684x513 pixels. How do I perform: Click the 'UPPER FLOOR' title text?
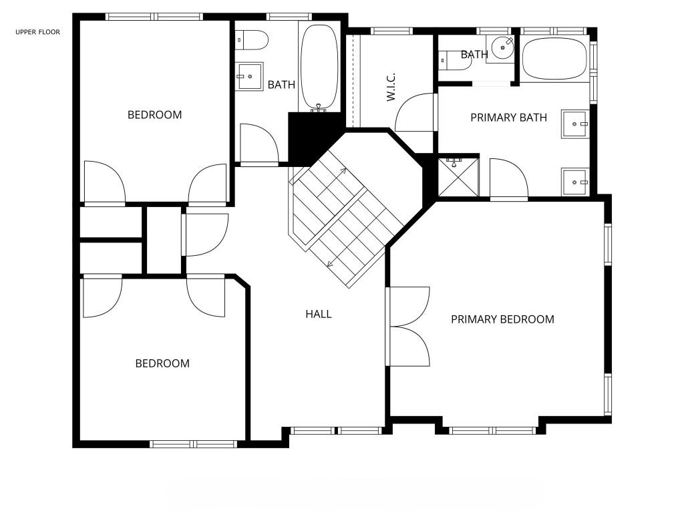tap(37, 32)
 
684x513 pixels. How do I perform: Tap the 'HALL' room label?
tap(319, 314)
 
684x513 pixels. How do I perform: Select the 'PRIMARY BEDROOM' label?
tap(502, 319)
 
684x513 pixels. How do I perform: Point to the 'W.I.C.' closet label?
tap(391, 87)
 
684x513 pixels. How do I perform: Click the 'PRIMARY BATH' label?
tap(508, 118)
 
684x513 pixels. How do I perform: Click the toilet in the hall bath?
tap(251, 40)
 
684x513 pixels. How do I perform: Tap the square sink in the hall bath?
tap(250, 76)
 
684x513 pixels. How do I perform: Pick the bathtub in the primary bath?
tap(554, 59)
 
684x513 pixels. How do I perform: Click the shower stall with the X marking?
tap(458, 176)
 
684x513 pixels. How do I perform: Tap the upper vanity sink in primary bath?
tap(575, 124)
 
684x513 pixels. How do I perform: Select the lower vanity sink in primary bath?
tap(575, 182)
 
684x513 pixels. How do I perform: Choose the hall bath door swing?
tap(259, 144)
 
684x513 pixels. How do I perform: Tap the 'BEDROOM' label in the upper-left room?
tap(154, 115)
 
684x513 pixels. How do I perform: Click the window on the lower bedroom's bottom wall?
tap(193, 444)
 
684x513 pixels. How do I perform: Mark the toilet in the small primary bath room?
tap(455, 60)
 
